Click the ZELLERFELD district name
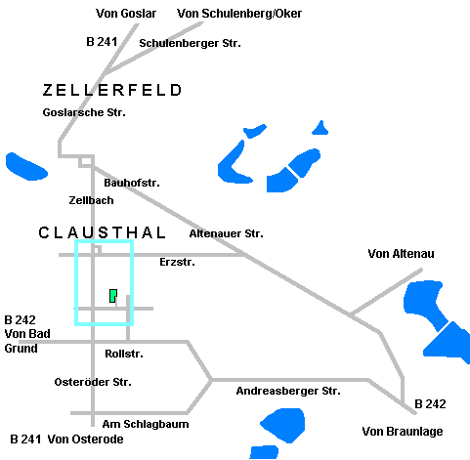pyautogui.click(x=111, y=90)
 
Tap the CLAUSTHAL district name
pyautogui.click(x=102, y=232)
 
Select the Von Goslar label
pyautogui.click(x=126, y=14)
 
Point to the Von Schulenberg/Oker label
pyautogui.click(x=239, y=14)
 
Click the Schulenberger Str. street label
pyautogui.click(x=190, y=43)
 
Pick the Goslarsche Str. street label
pyautogui.click(x=84, y=112)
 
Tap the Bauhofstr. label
pyautogui.click(x=132, y=183)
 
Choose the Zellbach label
pyautogui.click(x=91, y=200)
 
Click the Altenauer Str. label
pyautogui.click(x=227, y=233)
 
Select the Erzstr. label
pyautogui.click(x=177, y=262)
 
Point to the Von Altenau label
pyautogui.click(x=401, y=254)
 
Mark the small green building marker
pyautogui.click(x=113, y=296)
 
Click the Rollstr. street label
pyautogui.click(x=124, y=354)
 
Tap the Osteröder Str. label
pyautogui.click(x=93, y=382)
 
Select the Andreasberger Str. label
pyautogui.click(x=288, y=391)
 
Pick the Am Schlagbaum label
pyautogui.click(x=146, y=424)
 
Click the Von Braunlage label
pyautogui.click(x=403, y=432)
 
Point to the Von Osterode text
pyautogui.click(x=85, y=439)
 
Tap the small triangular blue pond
pyautogui.click(x=320, y=129)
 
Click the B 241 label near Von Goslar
pyautogui.click(x=102, y=42)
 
